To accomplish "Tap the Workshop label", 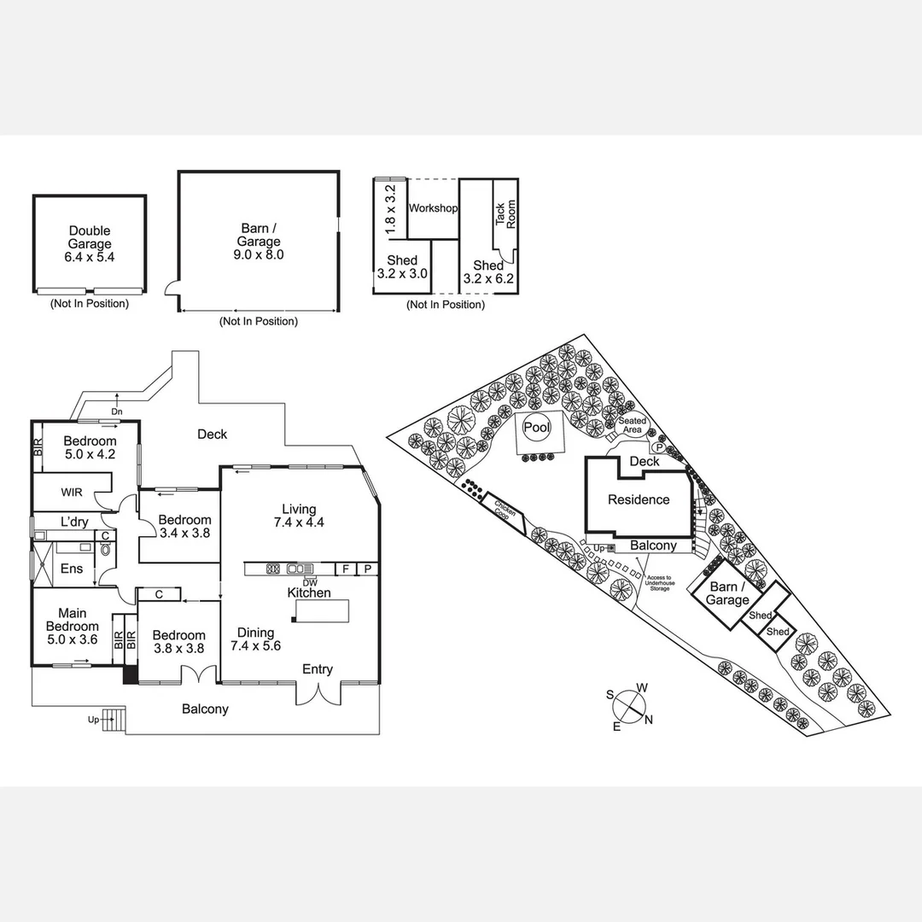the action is tap(433, 208).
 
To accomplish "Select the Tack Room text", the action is tap(506, 213).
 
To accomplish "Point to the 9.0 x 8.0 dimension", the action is tap(258, 254).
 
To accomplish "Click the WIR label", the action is tap(72, 492).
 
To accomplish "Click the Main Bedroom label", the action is tap(73, 619).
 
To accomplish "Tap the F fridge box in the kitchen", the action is tap(346, 569).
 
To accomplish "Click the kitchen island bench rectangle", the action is tap(322, 611).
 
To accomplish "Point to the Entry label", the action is tap(317, 669).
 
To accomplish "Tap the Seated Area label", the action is tap(632, 425).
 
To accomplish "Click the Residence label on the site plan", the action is tap(638, 499).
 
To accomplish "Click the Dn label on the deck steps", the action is tap(117, 412).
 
